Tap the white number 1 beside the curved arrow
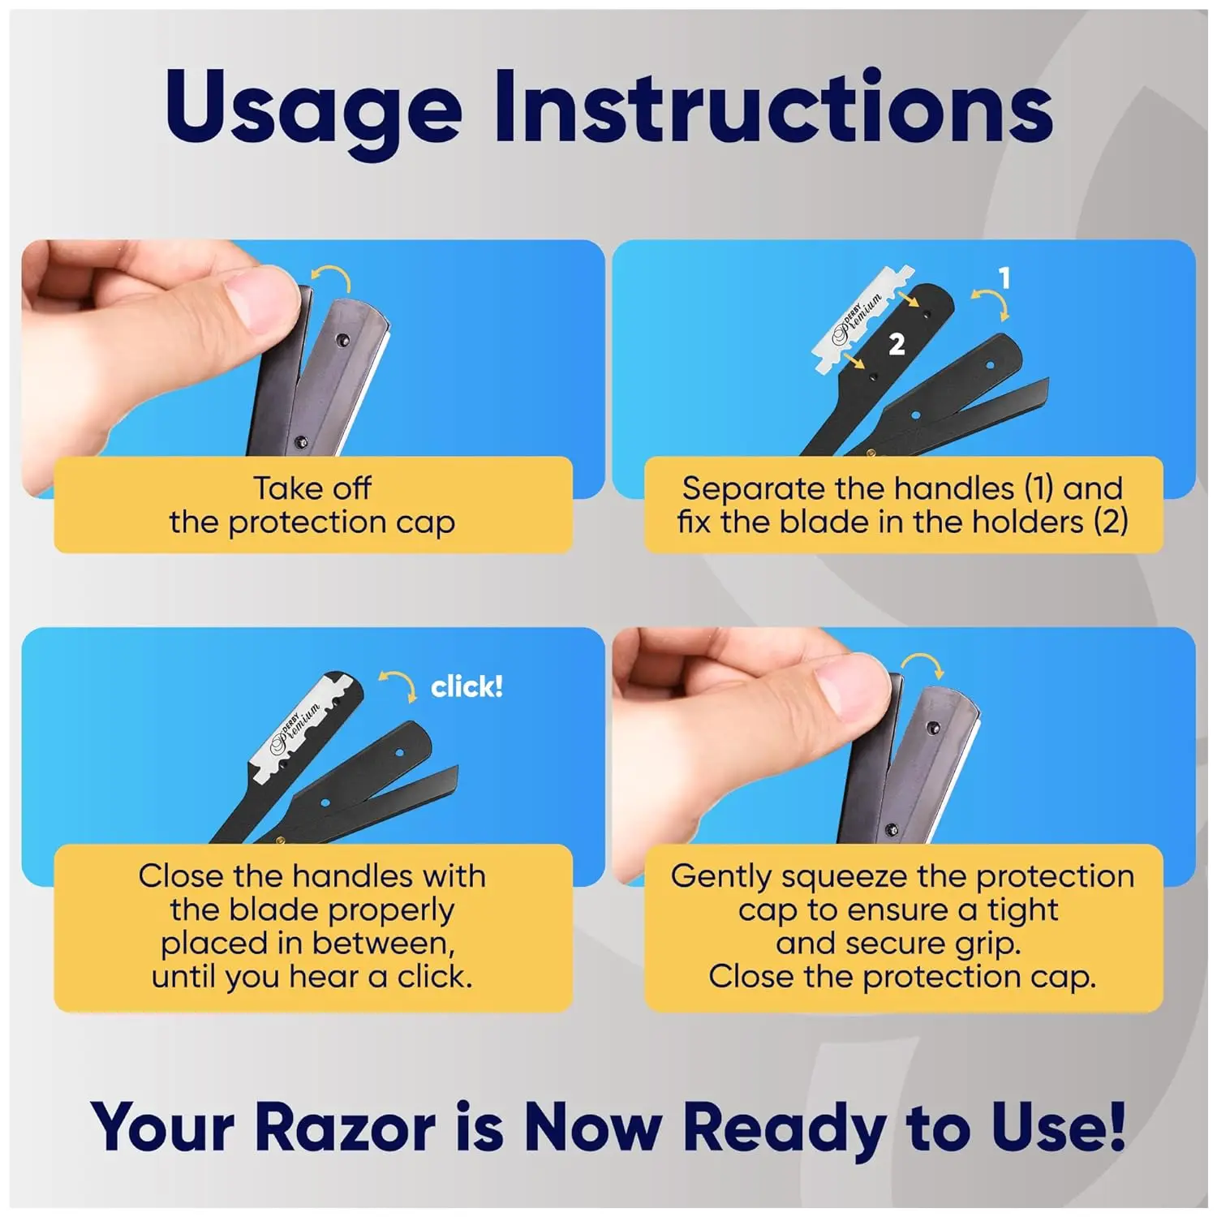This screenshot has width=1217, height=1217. pos(1005,278)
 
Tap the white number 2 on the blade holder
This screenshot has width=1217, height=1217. pos(897,345)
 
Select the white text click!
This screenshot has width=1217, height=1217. pos(467,687)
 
